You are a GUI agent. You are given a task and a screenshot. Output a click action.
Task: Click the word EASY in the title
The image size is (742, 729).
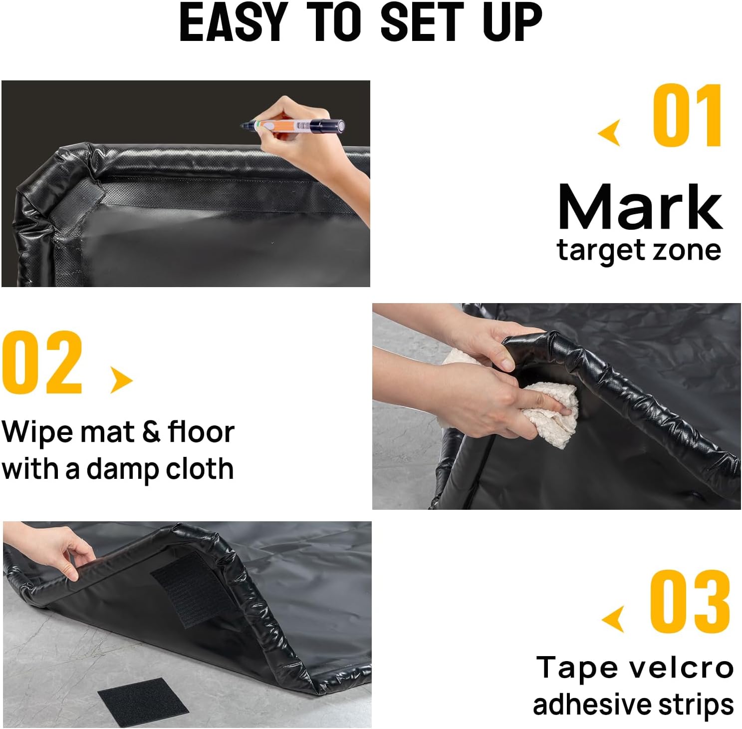click(x=233, y=22)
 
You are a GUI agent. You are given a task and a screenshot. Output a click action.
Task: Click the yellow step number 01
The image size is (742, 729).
click(x=688, y=116)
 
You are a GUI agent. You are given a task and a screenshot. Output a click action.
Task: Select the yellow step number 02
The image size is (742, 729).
click(x=42, y=363)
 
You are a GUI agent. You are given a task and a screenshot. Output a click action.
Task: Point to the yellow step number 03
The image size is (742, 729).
click(x=690, y=601)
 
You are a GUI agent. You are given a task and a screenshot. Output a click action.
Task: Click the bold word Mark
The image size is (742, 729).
click(x=640, y=207)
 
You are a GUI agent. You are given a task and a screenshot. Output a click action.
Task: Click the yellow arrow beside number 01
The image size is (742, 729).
click(x=610, y=133)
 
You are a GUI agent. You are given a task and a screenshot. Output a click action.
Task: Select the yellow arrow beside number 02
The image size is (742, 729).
click(x=121, y=380)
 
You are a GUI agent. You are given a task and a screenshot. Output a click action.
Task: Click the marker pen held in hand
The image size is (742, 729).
click(x=294, y=125)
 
